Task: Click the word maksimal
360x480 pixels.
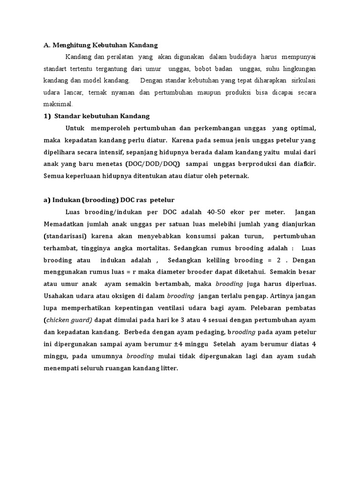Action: [x=56, y=104]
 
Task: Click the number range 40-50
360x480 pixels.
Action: [x=201, y=212]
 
